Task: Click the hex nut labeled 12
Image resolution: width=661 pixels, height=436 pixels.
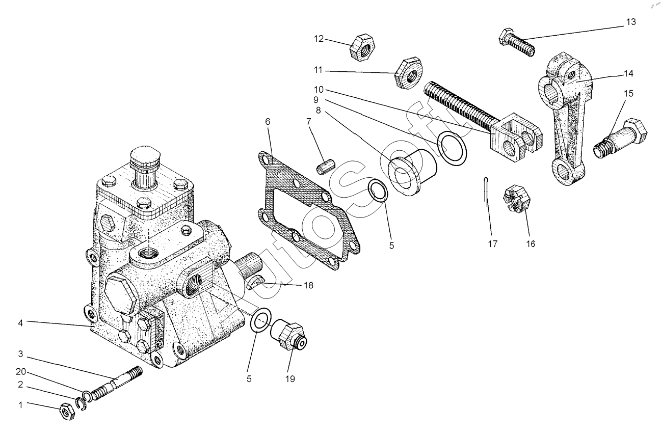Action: point(361,48)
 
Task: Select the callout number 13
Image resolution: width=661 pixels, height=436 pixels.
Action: point(631,22)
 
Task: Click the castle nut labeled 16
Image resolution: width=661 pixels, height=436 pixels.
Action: point(517,201)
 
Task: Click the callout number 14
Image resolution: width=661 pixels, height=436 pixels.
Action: point(628,74)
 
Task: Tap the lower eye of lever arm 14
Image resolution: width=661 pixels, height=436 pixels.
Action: point(564,173)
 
